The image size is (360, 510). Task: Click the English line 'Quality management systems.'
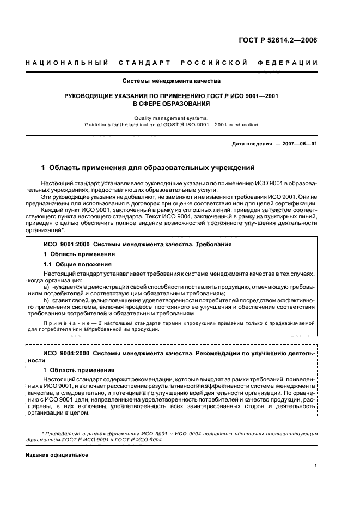click(x=171, y=118)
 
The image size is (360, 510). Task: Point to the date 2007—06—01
click(x=299, y=143)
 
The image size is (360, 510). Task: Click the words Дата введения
click(x=252, y=143)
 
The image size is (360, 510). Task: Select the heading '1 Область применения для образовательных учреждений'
click(x=148, y=168)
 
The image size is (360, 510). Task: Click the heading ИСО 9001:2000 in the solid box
click(x=64, y=245)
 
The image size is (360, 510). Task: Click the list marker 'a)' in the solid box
click(x=46, y=287)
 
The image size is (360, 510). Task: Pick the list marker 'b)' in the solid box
click(x=46, y=300)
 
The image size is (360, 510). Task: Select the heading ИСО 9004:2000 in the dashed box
click(x=64, y=354)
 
